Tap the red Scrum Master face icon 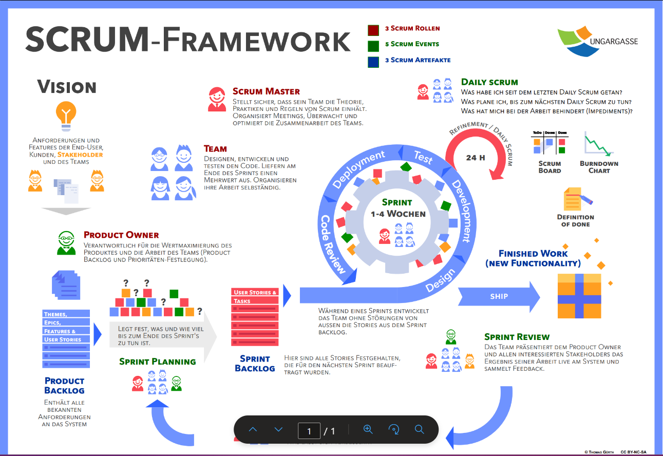(x=217, y=99)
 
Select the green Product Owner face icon (x=66, y=243)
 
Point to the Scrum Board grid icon (x=549, y=143)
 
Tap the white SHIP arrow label (x=499, y=296)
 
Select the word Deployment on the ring (x=358, y=169)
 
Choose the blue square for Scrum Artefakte (x=373, y=61)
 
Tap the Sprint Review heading (x=517, y=337)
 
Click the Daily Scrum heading (x=489, y=82)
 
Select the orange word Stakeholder (x=80, y=155)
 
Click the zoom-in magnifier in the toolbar (x=368, y=430)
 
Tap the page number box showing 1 (x=309, y=431)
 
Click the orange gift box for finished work (x=579, y=296)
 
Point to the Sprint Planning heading (x=158, y=362)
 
